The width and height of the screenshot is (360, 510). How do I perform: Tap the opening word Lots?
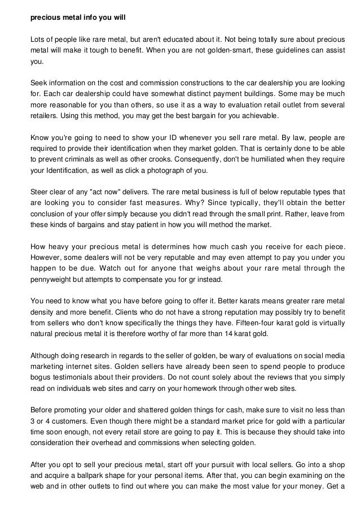[37, 40]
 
